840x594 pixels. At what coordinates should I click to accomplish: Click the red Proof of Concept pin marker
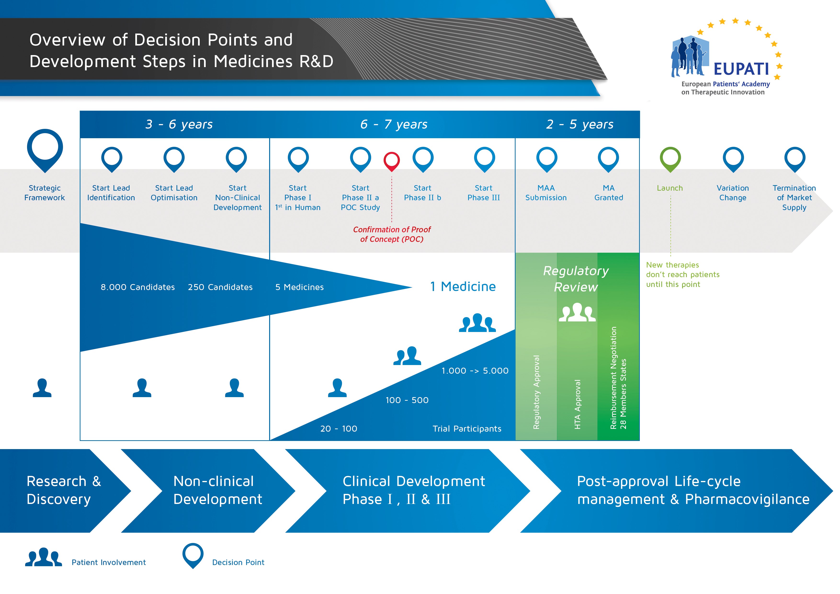(392, 160)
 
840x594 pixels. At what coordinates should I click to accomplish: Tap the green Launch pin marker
(670, 158)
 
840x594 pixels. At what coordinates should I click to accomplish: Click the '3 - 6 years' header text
(179, 125)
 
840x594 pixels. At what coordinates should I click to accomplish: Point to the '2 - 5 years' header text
(579, 125)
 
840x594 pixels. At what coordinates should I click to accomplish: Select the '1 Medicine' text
(463, 286)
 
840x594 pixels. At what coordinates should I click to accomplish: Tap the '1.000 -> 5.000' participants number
(475, 371)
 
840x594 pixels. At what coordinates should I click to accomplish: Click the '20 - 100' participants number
(338, 428)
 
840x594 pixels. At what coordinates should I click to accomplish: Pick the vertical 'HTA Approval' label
(577, 404)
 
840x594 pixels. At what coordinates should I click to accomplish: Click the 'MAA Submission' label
(546, 193)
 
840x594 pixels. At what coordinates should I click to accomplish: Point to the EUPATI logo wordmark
(741, 69)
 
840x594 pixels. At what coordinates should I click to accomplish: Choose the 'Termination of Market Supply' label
(794, 198)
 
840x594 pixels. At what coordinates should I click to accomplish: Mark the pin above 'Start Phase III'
(484, 158)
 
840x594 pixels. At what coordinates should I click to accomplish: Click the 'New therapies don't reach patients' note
(682, 274)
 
